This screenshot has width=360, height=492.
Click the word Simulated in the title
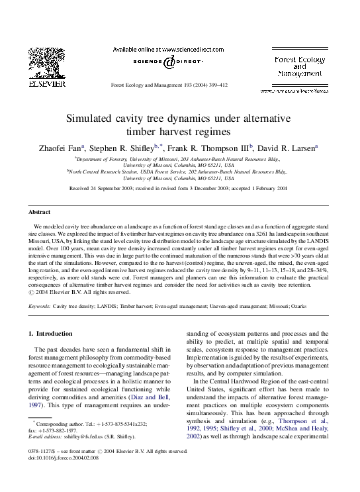126,119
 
